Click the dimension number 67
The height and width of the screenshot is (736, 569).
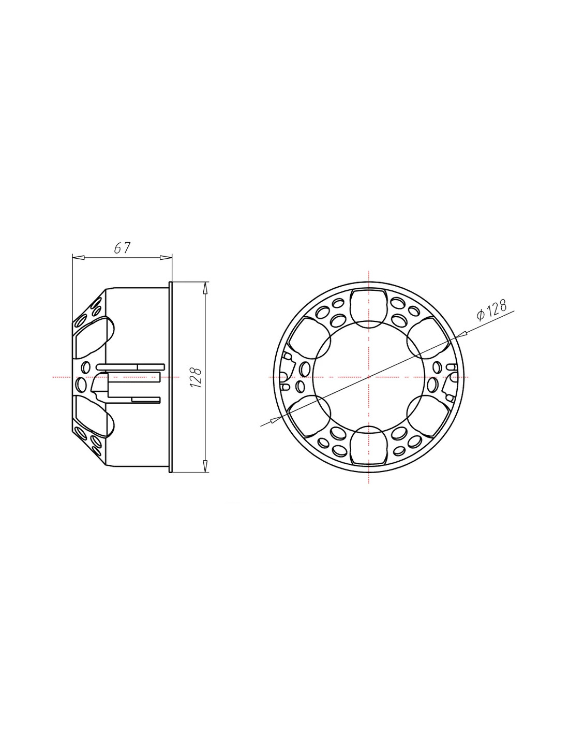122,248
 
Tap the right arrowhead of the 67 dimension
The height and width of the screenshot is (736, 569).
166,258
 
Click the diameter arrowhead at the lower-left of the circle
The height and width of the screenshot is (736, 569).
275,419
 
